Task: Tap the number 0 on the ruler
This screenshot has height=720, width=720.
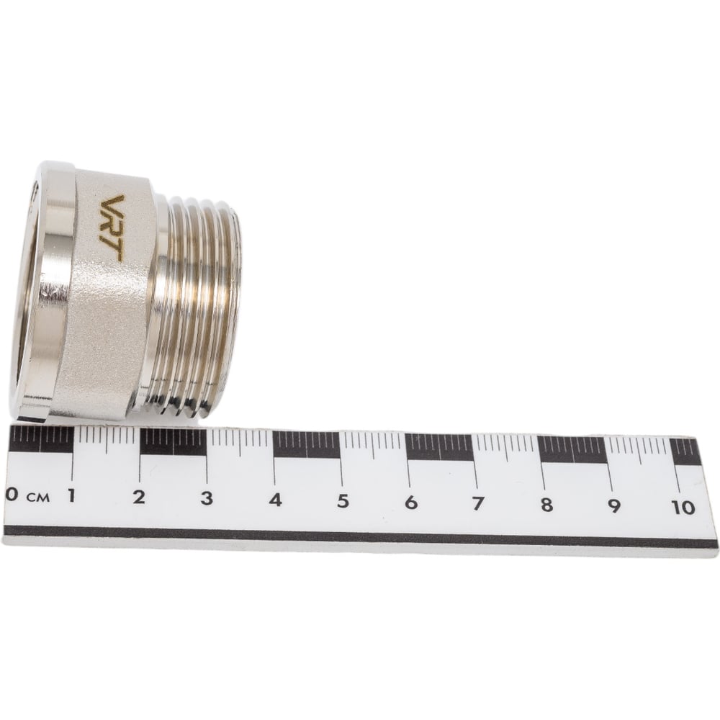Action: (12, 495)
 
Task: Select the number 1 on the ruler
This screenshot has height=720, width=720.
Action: (71, 495)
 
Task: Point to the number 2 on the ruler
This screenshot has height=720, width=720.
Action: (139, 497)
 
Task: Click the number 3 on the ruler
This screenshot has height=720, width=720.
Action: (207, 498)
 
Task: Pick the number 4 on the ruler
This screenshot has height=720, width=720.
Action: (275, 500)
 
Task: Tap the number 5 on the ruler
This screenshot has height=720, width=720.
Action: (343, 501)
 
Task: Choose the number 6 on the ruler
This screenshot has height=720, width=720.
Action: (411, 503)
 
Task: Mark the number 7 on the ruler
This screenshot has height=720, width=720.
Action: (478, 504)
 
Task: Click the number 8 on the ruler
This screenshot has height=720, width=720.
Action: (546, 505)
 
